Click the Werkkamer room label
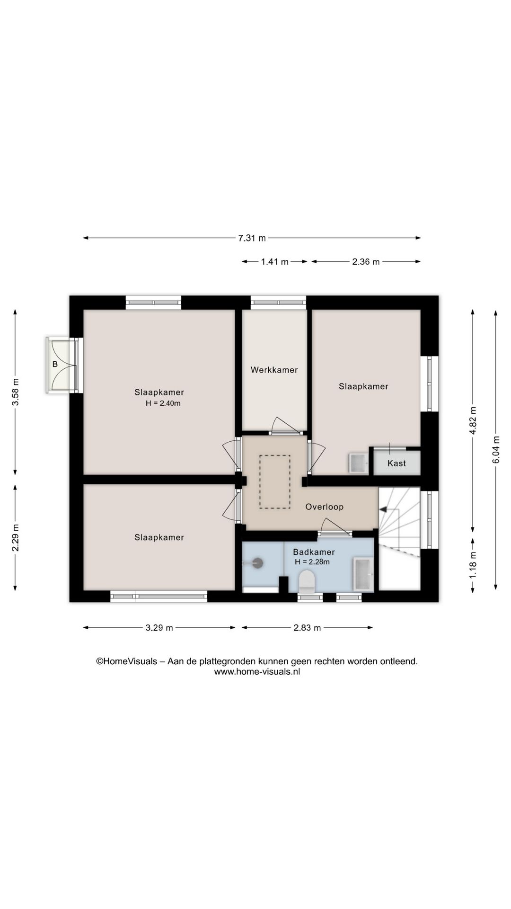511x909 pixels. pyautogui.click(x=274, y=370)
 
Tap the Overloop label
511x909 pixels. pyautogui.click(x=324, y=507)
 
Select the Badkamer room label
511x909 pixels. pyautogui.click(x=314, y=552)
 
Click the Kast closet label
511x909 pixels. pyautogui.click(x=396, y=463)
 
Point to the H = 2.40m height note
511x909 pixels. pyautogui.click(x=163, y=403)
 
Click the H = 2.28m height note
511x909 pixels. pyautogui.click(x=312, y=562)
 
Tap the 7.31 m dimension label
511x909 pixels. pyautogui.click(x=252, y=238)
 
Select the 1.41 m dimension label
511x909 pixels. pyautogui.click(x=274, y=262)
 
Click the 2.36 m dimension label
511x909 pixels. pyautogui.click(x=366, y=262)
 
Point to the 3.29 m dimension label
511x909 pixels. pyautogui.click(x=159, y=628)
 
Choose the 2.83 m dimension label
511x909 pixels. pyautogui.click(x=307, y=628)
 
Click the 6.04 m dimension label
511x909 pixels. pyautogui.click(x=496, y=450)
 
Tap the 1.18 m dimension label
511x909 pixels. pyautogui.click(x=473, y=565)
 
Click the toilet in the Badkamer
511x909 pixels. pyautogui.click(x=307, y=581)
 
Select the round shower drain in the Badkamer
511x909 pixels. pyautogui.click(x=258, y=563)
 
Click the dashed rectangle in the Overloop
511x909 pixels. pyautogui.click(x=274, y=482)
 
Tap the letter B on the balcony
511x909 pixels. pyautogui.click(x=55, y=365)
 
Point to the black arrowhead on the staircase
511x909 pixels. pyautogui.click(x=383, y=509)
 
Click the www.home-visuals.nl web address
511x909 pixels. pyautogui.click(x=257, y=672)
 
